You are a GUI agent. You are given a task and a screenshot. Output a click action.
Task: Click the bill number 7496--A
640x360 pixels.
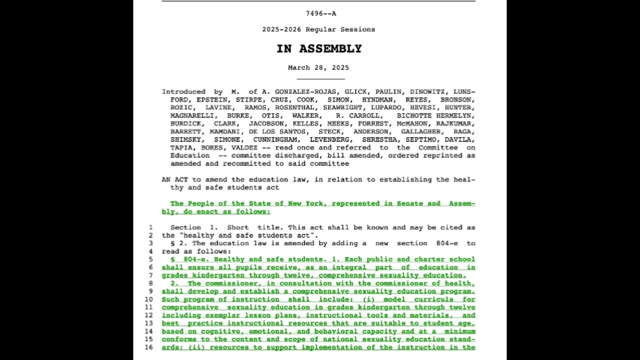coord(321,13)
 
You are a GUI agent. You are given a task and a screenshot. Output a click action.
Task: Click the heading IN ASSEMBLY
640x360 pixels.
coord(319,48)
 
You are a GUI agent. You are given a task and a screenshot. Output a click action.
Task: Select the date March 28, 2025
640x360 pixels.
coord(318,67)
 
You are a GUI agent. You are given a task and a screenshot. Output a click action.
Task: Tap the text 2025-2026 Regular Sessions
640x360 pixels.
coord(318,29)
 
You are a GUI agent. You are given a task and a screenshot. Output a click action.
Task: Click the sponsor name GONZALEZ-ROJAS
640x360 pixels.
coord(305,91)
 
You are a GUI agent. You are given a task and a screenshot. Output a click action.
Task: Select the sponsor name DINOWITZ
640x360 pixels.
coord(429,91)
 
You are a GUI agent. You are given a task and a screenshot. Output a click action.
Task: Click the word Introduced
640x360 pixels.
coord(183,91)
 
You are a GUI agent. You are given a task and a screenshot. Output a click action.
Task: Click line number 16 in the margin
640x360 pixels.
coord(148,347)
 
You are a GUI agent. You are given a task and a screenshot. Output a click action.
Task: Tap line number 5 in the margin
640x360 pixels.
coord(150,259)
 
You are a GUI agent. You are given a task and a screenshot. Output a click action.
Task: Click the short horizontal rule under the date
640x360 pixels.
coord(320,79)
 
